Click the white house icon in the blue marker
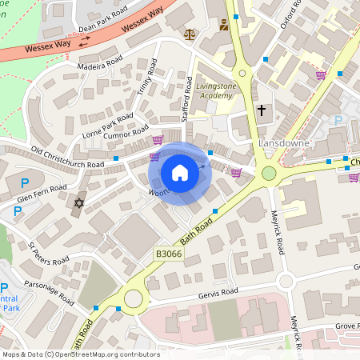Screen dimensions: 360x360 (180, 173)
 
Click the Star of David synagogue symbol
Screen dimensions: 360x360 (78, 204)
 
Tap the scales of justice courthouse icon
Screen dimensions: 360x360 (190, 34)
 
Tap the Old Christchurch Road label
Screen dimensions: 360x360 (67, 158)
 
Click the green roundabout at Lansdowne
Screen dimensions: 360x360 (269, 173)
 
